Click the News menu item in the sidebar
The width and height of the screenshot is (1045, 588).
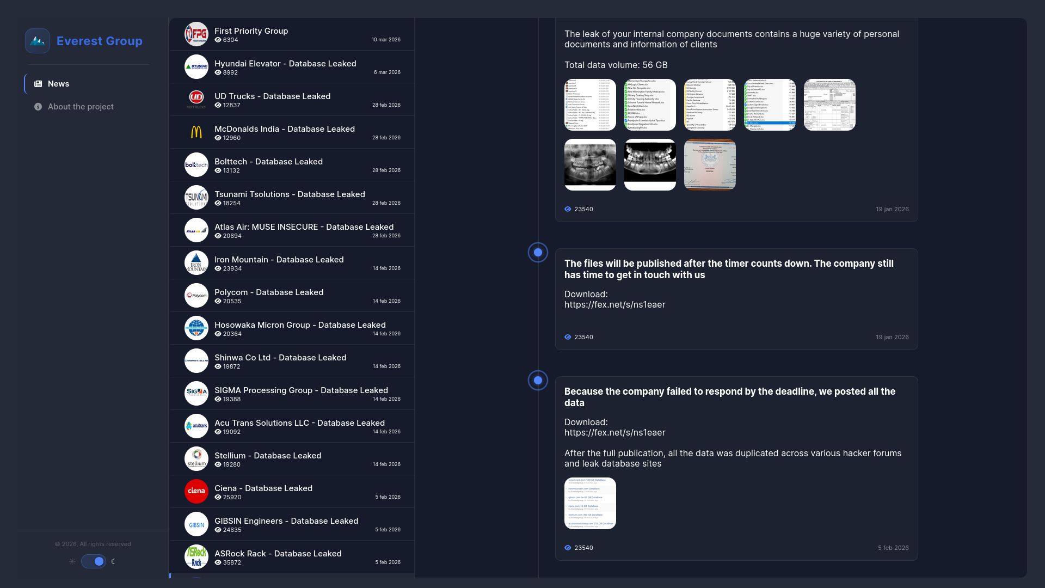coord(58,84)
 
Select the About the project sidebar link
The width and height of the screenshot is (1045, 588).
coord(81,107)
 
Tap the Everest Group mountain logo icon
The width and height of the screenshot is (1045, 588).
coord(38,41)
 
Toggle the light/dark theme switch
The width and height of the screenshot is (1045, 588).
coord(94,561)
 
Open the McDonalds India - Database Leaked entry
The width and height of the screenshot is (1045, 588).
coord(284,129)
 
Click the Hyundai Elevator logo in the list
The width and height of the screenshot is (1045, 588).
coord(196,67)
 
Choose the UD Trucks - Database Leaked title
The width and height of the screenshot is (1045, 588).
coord(272,96)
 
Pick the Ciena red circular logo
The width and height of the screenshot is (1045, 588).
coord(196,492)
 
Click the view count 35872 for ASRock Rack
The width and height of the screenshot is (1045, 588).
coord(231,562)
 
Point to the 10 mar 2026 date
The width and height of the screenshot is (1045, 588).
coord(386,40)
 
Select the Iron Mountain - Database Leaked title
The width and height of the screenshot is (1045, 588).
coord(279,260)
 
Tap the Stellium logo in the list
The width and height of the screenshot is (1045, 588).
coord(196,459)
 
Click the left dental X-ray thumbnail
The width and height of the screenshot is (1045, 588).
coord(590,164)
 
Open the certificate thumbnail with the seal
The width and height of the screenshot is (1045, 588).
coord(710,164)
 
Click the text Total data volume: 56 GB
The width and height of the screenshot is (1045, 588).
coord(616,65)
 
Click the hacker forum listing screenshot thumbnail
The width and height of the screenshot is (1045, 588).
coord(590,503)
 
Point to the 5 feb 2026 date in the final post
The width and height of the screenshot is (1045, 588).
coord(893,548)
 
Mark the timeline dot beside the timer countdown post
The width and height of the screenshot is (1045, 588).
coord(538,253)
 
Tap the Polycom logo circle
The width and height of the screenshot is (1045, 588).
coord(196,296)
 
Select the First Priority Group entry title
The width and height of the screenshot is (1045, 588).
coord(251,31)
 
